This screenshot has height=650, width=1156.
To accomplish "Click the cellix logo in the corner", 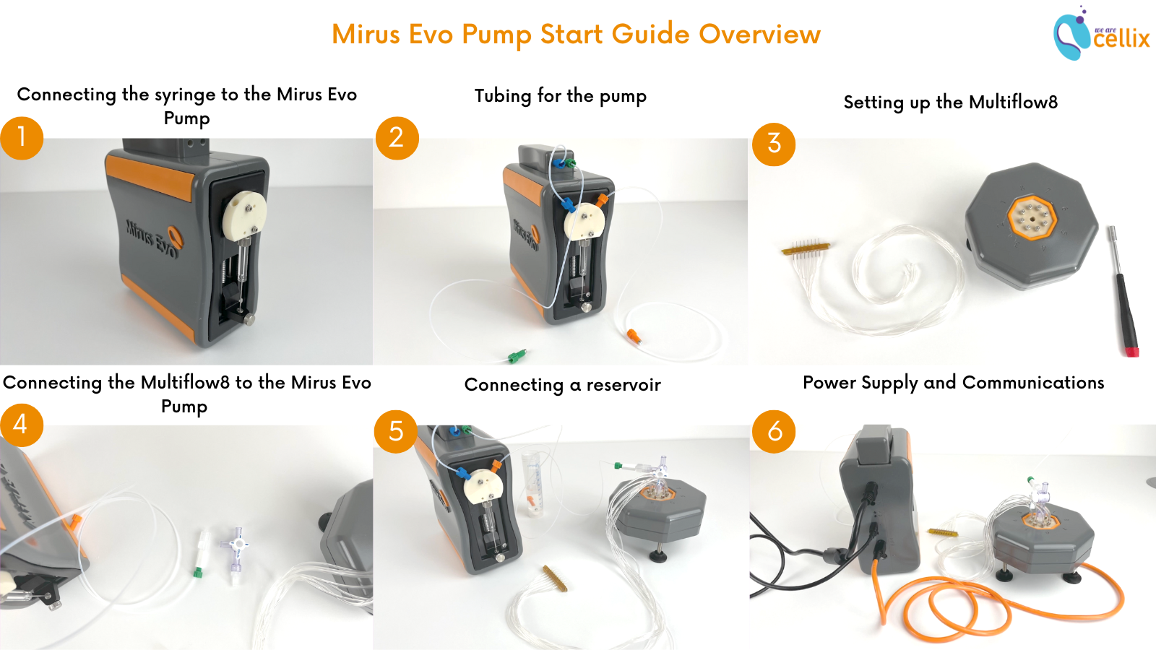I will coord(1101,34).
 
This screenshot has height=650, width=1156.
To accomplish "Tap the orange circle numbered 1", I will coord(22,138).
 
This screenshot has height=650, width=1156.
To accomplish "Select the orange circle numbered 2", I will coord(397,138).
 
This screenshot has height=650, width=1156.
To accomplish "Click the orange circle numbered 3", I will coord(774,144).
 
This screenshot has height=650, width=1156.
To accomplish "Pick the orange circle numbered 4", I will coord(22,425).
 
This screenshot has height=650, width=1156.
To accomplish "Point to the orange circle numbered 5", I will coord(396,431).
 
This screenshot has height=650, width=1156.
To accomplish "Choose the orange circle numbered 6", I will coord(774,431).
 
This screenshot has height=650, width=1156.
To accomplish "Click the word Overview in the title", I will coord(759,34).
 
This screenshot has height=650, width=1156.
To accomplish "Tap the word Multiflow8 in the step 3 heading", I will coord(1013,102).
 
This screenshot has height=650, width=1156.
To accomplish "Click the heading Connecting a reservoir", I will coord(562,384).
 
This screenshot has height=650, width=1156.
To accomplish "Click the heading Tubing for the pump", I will coord(560,95).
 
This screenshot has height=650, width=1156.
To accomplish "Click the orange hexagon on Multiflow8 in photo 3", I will coord(1032,215).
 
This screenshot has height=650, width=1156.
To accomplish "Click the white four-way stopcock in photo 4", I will coord(236,547).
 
